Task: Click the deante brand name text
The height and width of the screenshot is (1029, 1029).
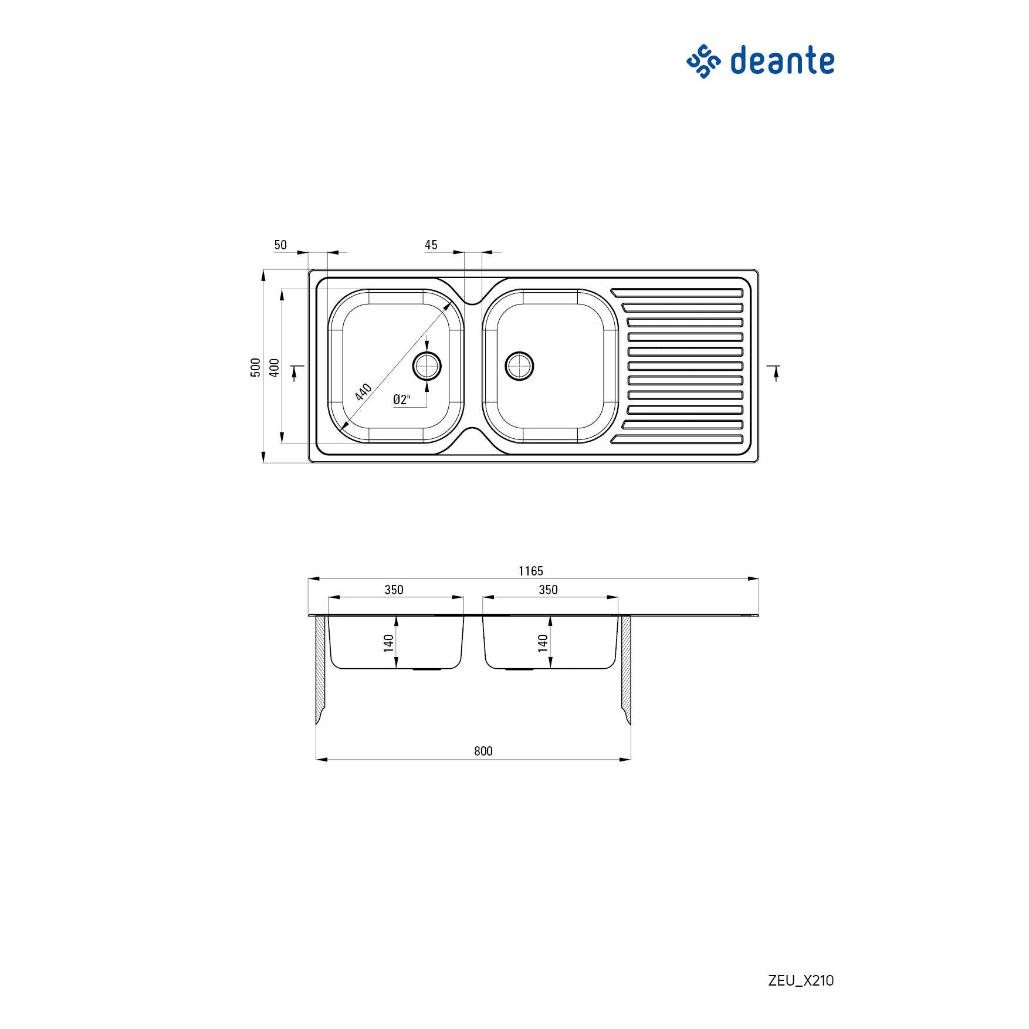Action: [782, 61]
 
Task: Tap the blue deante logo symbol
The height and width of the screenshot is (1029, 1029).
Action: [703, 61]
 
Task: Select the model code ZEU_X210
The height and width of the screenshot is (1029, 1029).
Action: [801, 980]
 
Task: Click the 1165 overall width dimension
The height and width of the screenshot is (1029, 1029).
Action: [531, 571]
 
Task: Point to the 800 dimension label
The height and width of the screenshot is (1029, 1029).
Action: [483, 751]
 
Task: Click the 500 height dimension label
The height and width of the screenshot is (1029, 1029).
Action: [256, 367]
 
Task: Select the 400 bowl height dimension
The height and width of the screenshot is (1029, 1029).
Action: [274, 368]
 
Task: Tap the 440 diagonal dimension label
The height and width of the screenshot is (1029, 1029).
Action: [364, 391]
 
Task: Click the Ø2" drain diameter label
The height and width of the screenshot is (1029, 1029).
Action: [402, 400]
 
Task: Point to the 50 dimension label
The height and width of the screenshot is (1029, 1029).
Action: [280, 245]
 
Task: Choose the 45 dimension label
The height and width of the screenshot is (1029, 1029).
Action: [431, 245]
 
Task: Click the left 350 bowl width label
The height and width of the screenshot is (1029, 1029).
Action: [394, 590]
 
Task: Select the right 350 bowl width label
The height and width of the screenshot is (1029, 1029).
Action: [549, 590]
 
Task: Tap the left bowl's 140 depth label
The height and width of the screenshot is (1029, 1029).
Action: [388, 643]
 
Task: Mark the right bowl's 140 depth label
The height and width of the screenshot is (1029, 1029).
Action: [543, 643]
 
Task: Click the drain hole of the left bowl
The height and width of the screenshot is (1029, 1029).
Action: [427, 366]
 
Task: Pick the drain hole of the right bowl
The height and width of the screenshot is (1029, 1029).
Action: [520, 366]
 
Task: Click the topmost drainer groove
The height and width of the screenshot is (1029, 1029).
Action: [676, 292]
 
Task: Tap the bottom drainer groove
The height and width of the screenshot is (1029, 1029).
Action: [676, 439]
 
